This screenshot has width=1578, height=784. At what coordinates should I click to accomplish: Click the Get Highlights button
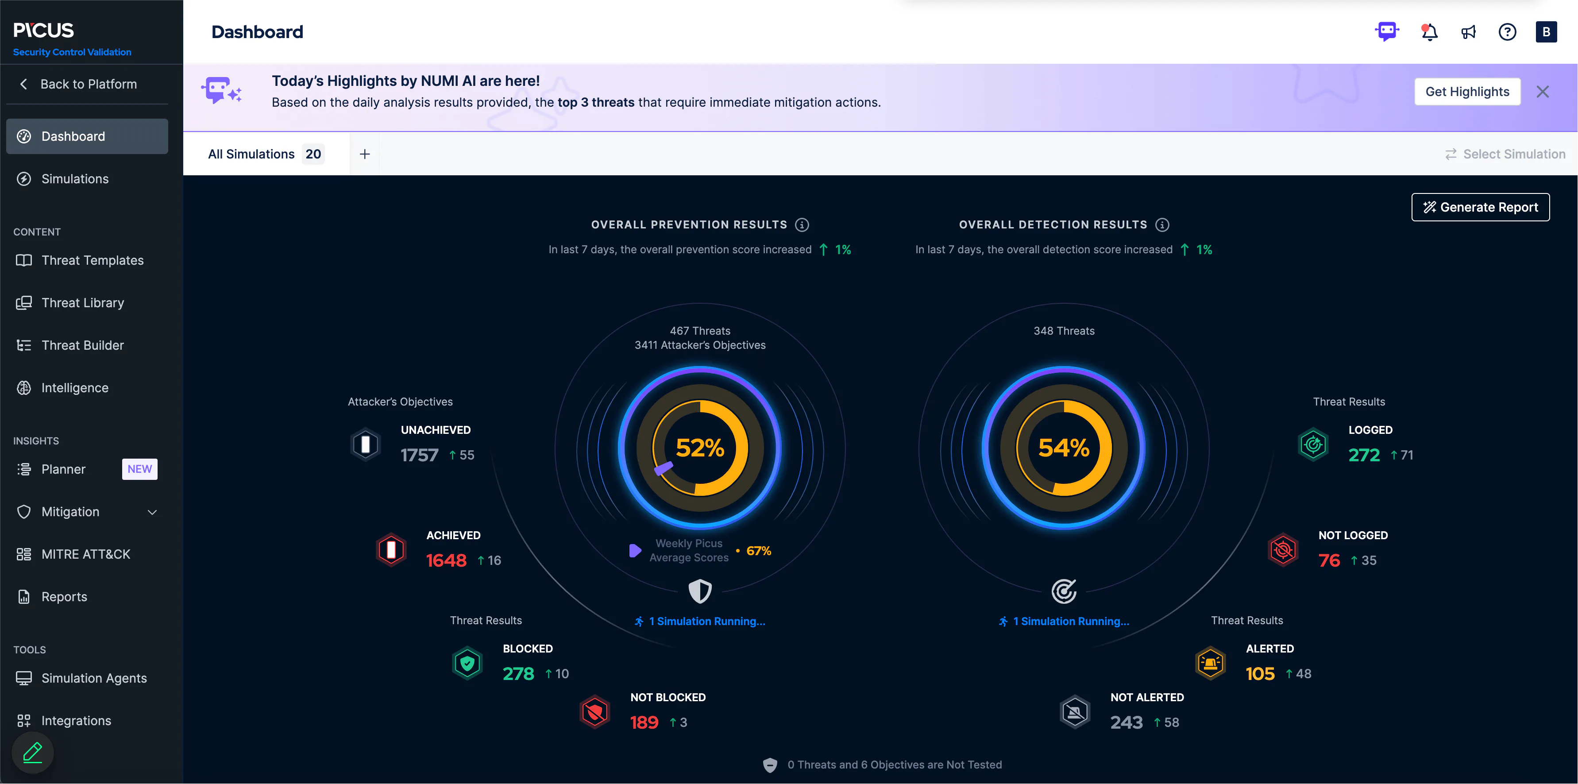(1467, 92)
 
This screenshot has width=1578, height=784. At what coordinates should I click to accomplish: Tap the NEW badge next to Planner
(140, 469)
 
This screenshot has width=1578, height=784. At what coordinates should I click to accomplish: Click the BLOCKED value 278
(518, 674)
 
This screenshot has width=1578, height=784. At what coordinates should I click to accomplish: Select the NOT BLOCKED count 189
(644, 723)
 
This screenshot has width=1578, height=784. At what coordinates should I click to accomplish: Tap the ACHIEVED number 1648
(446, 560)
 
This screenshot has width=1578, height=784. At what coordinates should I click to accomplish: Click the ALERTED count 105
(1260, 674)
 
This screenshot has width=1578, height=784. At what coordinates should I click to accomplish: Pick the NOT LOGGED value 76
(1329, 560)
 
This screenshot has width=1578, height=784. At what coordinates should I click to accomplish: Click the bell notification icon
(1429, 32)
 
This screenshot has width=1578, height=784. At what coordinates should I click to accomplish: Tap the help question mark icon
(1508, 32)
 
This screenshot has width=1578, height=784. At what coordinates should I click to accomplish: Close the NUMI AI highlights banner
(1543, 92)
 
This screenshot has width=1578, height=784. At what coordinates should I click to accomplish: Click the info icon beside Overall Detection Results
(1162, 225)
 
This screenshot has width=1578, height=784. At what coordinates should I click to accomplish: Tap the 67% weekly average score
(758, 551)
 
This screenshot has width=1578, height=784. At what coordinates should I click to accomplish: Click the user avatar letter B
(1546, 32)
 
